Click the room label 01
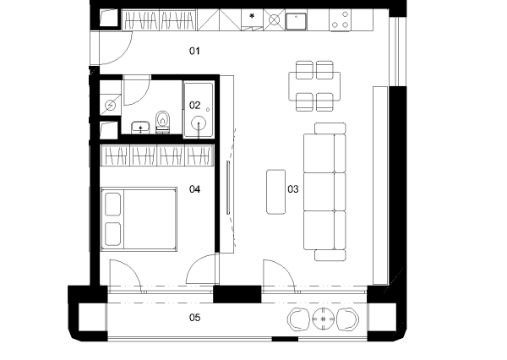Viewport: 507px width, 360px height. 194,51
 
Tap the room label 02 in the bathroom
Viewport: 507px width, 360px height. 194,105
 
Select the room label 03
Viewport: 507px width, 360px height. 293,189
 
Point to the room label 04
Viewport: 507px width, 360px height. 194,189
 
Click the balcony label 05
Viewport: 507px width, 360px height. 194,318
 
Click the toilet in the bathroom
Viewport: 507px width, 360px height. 162,122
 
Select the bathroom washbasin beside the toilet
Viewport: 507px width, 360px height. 140,128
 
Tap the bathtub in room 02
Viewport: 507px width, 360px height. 199,110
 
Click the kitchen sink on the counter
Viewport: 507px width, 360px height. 296,21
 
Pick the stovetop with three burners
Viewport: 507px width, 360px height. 340,20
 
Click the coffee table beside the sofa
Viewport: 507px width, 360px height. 275,192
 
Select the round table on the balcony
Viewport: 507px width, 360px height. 323,319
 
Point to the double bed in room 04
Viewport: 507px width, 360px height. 139,220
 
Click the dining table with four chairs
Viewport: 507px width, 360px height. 314,86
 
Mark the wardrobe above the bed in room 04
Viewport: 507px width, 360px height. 157,155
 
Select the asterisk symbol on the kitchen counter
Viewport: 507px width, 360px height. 252,16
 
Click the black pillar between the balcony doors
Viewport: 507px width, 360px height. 237,294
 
